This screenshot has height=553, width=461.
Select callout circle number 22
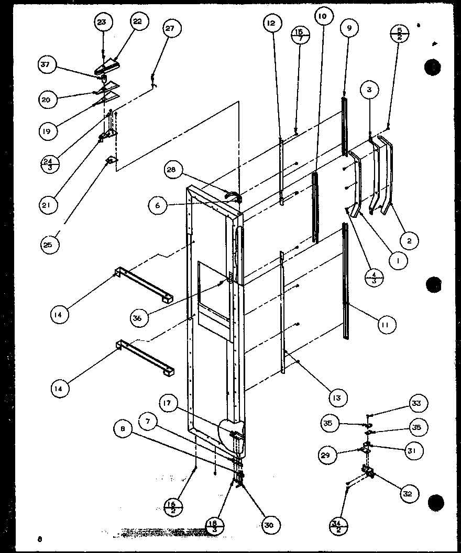pos(137,21)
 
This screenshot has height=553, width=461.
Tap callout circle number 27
pos(171,29)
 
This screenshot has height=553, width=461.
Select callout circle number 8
pos(122,429)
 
